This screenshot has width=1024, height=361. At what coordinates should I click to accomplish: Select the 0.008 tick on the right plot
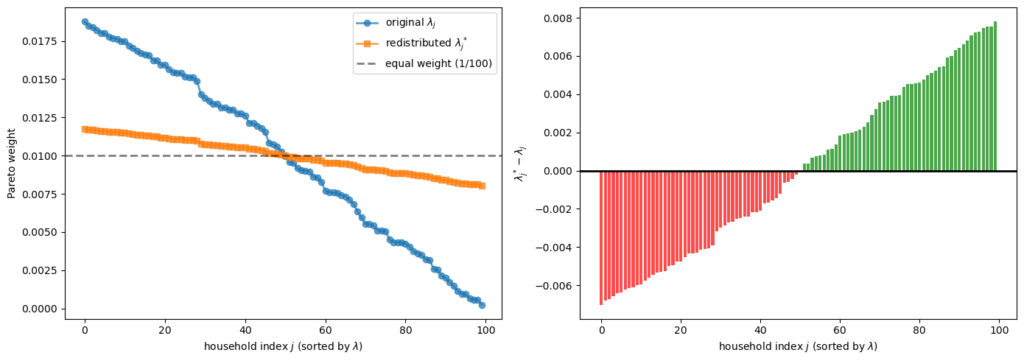point(558,18)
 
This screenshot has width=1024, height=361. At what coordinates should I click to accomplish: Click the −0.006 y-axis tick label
point(555,286)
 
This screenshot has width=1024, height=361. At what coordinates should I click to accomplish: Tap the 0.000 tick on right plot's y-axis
point(558,171)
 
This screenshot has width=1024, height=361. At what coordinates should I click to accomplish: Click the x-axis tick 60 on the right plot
point(840,331)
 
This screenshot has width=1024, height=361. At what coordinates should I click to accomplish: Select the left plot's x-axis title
point(283,346)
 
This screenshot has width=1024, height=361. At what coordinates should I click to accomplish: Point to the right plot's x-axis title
point(798,346)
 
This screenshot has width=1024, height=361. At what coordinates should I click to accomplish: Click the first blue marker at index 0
point(85,22)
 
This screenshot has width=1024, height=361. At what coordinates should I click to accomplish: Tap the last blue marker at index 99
point(482,305)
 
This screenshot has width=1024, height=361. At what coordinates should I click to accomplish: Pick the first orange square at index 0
point(85,129)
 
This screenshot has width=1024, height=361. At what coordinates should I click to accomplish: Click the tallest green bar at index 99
point(995,96)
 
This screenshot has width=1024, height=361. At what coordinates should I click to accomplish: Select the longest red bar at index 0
point(601,237)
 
